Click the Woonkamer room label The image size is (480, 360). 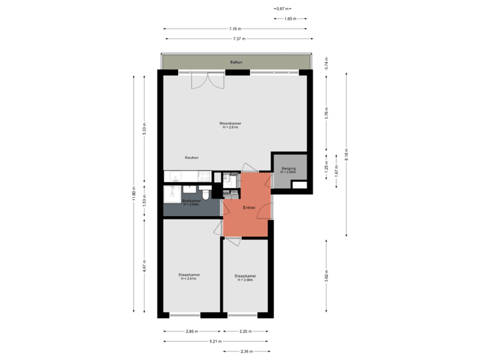pos(230,124)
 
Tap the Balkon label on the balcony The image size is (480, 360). pos(235,62)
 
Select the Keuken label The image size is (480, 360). pos(192,157)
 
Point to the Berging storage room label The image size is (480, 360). pos(288,169)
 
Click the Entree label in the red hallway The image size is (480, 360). pos(249,207)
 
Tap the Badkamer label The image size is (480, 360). pos(192,201)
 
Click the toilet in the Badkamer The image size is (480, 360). pos(207,193)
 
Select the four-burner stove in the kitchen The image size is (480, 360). pos(203,177)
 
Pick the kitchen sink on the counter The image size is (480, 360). pos(175,177)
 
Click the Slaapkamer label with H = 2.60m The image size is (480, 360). pos(245,276)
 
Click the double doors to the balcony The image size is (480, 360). pos(207,81)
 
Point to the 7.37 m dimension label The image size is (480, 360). pos(239,39)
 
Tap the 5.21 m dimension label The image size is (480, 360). pos(215,341)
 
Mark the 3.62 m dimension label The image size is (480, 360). pos(326,275)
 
